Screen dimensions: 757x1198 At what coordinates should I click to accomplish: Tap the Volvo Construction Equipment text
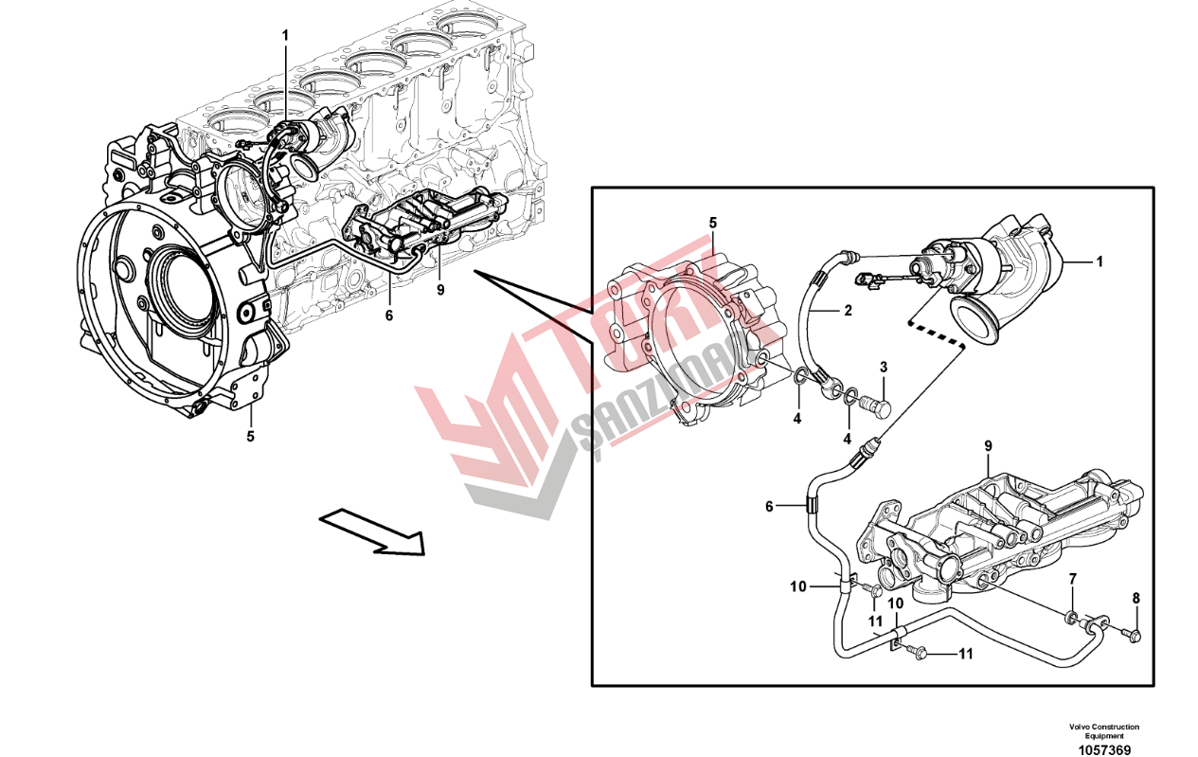[x=1104, y=731]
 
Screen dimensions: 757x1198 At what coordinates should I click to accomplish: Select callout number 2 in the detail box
[x=849, y=310]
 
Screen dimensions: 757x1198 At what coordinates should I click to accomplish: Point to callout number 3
[x=883, y=367]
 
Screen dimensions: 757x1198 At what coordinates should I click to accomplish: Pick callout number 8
[x=1136, y=598]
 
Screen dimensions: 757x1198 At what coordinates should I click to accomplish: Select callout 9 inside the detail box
[x=988, y=445]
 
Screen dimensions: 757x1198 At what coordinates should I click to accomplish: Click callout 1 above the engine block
[x=284, y=35]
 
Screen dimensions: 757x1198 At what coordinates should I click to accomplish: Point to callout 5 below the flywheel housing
[x=251, y=437]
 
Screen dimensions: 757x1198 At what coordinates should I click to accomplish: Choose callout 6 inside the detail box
[x=769, y=507]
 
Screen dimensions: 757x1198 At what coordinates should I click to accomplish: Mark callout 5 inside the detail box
[x=713, y=223]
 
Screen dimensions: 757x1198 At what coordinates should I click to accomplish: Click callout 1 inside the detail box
[x=1100, y=260]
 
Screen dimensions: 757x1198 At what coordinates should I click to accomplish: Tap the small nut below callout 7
[x=1071, y=619]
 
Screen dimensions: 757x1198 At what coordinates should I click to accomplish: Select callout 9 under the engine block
[x=440, y=290]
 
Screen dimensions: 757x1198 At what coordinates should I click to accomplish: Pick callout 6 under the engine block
[x=388, y=315]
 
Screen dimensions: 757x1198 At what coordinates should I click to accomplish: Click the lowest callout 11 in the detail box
[x=966, y=654]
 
